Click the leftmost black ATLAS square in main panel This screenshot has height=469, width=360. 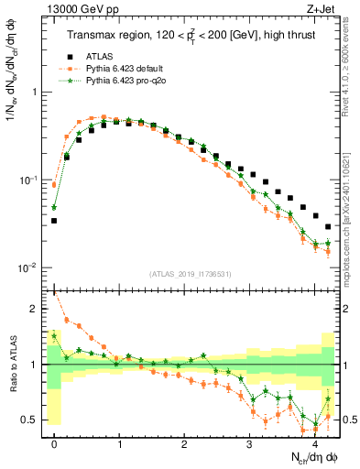pyautogui.click(x=54, y=221)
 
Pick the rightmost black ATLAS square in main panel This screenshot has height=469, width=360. pyautogui.click(x=328, y=226)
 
